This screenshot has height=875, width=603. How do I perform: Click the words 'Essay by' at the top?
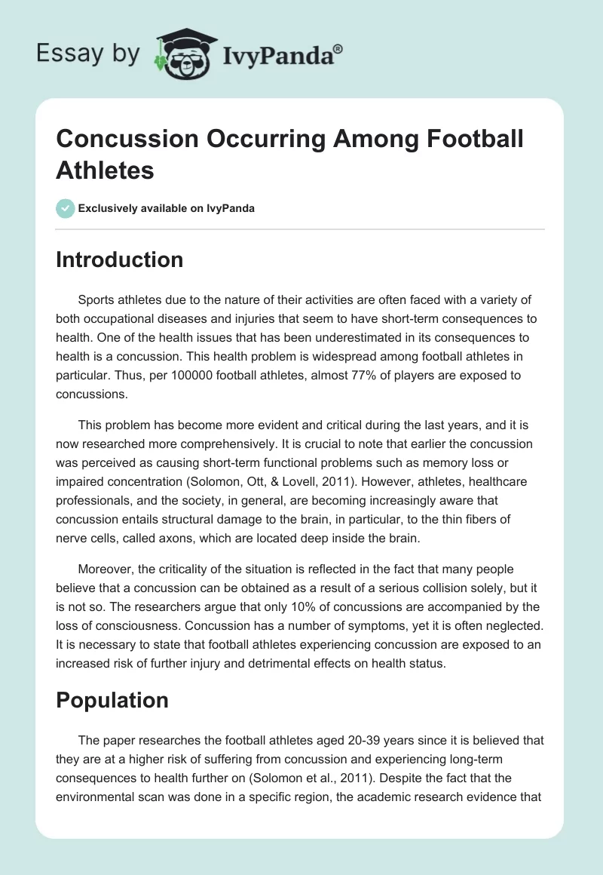coord(87,53)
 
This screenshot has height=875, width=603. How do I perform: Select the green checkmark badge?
coord(66,208)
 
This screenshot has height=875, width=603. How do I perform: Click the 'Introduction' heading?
coord(119,259)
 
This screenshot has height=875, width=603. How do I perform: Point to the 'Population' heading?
coord(112,700)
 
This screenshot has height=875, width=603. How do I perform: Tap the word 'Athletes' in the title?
coord(105,170)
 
